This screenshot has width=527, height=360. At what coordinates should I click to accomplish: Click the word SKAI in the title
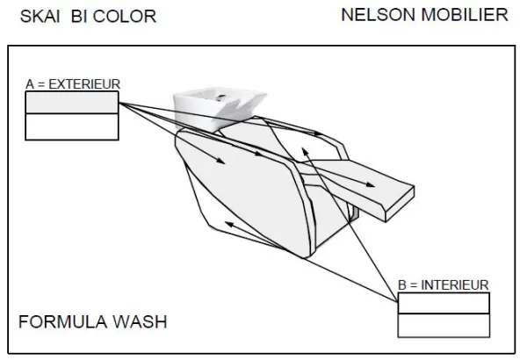coord(40,17)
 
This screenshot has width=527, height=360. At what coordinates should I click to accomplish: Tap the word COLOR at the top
coord(125,17)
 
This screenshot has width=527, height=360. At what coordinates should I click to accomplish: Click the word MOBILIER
coord(465,15)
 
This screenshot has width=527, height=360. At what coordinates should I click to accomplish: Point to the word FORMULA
coord(63,321)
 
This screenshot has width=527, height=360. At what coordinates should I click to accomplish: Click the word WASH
coord(141,321)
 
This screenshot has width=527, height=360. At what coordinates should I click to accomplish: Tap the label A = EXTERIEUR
coord(73,84)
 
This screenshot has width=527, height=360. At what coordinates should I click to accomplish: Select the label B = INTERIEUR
coord(444,285)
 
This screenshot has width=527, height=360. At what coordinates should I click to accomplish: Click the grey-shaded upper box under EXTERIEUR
coord(72,103)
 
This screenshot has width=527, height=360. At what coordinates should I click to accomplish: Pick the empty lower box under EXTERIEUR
coord(72,126)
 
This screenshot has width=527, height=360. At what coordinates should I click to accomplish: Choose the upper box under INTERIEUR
coord(444,303)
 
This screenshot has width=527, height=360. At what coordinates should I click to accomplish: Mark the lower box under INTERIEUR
coord(444,326)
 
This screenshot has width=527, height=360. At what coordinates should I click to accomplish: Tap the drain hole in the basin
coord(221,97)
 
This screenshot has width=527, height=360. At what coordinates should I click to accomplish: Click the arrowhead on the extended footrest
coord(371,184)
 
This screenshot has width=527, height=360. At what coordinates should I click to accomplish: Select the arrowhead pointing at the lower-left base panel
coord(229,224)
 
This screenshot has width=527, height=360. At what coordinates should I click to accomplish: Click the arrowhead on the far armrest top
coord(318,133)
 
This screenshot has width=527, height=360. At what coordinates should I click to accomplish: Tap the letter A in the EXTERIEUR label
coord(30,84)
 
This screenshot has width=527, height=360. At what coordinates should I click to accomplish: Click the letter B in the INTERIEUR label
coord(402,285)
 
